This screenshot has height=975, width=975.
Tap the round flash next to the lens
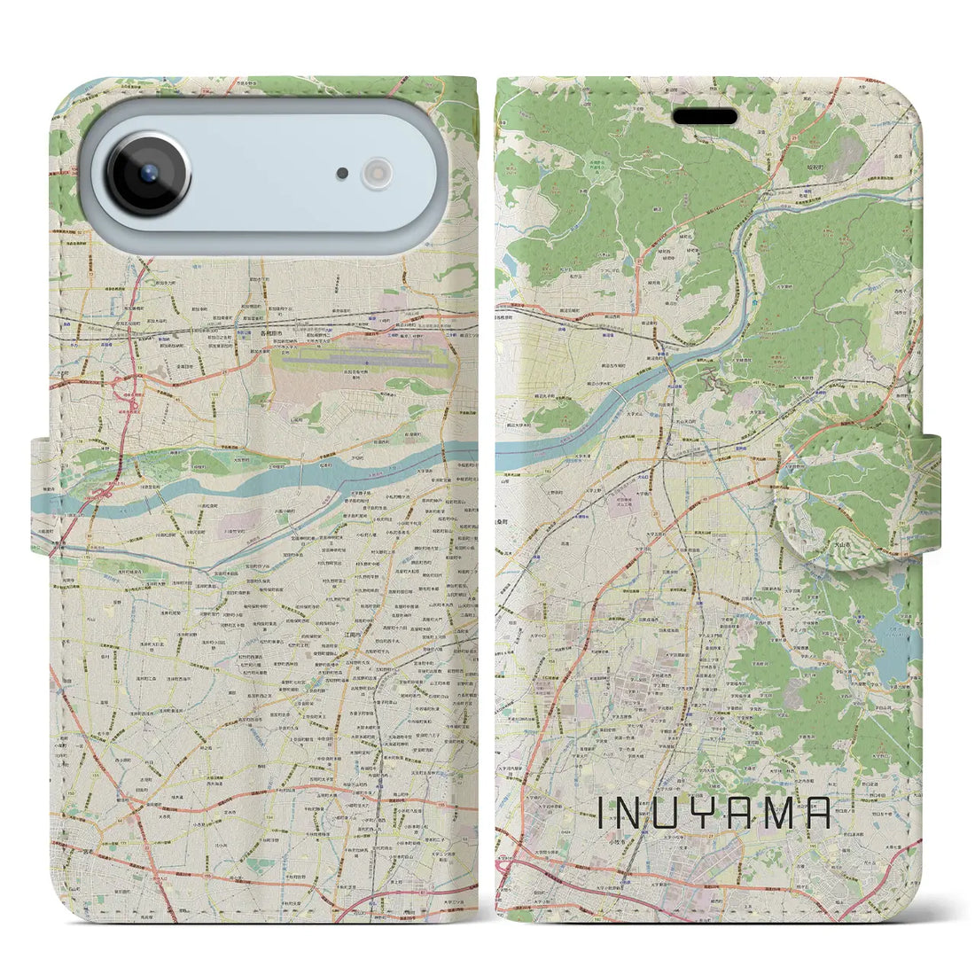coord(377,173)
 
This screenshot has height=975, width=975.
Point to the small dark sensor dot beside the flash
coord(342,174)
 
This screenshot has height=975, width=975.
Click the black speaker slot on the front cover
coord(706,117)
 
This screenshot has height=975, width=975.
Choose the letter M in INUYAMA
coord(782,813)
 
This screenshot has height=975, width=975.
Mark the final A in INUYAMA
coord(820,813)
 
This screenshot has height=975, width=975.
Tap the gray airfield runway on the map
coord(363,363)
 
